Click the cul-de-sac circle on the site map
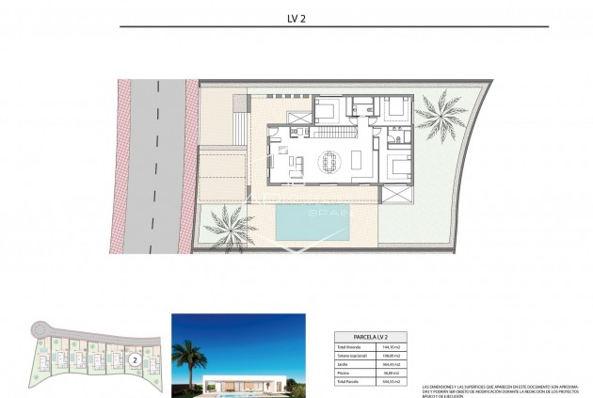pyautogui.click(x=38, y=328)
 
